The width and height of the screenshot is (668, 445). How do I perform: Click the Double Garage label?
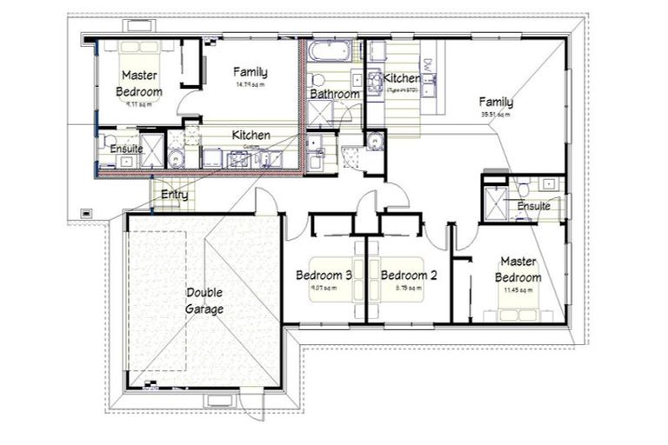click(204, 301)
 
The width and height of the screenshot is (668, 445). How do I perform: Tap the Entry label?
click(174, 195)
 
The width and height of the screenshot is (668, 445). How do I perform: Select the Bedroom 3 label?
click(324, 276)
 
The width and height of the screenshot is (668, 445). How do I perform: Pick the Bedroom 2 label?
click(408, 276)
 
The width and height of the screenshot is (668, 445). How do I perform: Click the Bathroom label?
click(335, 94)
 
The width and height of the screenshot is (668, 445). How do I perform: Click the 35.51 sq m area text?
click(495, 114)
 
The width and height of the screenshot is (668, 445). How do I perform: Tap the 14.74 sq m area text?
click(250, 85)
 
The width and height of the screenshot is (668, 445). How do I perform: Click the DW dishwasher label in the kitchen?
click(427, 66)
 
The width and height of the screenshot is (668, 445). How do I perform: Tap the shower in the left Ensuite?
click(152, 150)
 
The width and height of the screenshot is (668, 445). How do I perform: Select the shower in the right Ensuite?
click(496, 206)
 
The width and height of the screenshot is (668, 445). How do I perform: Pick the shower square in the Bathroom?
click(319, 112)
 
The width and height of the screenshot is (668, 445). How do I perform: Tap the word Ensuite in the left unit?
click(126, 149)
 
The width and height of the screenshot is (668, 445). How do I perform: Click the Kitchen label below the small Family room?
click(250, 136)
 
